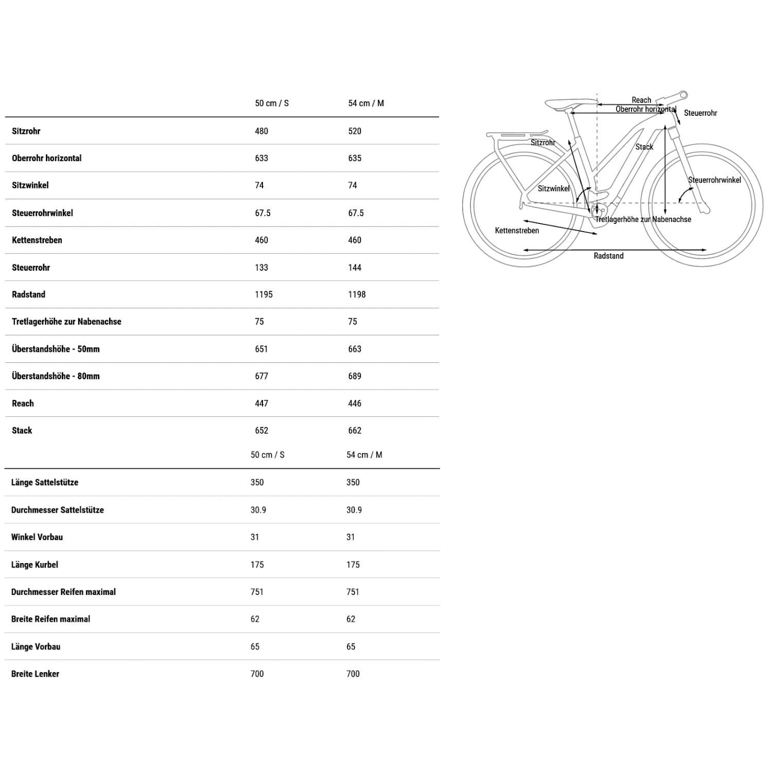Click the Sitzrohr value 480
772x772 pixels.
[x=261, y=131]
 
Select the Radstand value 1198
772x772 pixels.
[x=357, y=294]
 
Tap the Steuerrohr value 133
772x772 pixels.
[x=261, y=268]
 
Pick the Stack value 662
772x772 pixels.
[x=355, y=431]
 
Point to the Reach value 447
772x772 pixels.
[x=261, y=403]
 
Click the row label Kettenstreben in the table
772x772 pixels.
[x=37, y=240]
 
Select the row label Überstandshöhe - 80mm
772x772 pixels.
[x=56, y=376]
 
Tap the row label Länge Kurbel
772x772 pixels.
[x=34, y=565]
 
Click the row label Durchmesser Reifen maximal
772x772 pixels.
[x=63, y=592]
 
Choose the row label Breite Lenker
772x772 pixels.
[x=35, y=674]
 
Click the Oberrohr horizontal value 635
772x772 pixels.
[x=355, y=159]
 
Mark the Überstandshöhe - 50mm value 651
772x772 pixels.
[x=261, y=349]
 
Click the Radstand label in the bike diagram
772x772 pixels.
[x=608, y=256]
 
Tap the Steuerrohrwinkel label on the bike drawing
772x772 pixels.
[x=714, y=180]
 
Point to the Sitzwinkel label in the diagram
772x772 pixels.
[x=554, y=189]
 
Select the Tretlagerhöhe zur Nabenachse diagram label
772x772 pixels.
[x=643, y=220]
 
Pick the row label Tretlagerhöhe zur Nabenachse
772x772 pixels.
[x=66, y=322]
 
